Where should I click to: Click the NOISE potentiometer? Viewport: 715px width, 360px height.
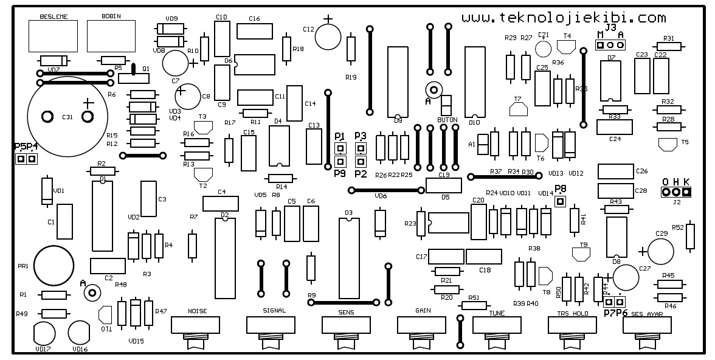[198, 325]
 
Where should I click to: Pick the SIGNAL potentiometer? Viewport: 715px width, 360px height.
[274, 325]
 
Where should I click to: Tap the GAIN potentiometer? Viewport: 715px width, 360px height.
[424, 325]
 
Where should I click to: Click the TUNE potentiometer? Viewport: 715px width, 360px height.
[500, 325]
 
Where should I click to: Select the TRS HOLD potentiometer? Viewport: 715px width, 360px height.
[575, 325]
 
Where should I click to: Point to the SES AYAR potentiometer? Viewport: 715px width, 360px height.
[649, 325]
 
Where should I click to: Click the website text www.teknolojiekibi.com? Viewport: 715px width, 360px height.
[563, 18]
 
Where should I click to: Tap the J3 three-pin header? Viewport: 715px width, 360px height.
[610, 46]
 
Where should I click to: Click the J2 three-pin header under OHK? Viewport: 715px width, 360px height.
[676, 192]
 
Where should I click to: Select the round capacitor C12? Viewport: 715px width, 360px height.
[328, 37]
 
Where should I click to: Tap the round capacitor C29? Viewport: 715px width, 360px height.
[661, 250]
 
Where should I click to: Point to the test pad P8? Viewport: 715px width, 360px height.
[561, 201]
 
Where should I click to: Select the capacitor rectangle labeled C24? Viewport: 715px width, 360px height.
[615, 126]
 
